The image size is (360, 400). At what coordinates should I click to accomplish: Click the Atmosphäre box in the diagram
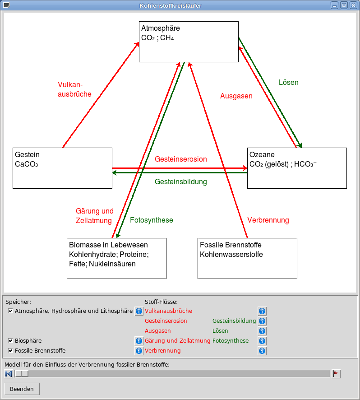point(189,42)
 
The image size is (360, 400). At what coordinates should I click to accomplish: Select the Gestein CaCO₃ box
point(62,168)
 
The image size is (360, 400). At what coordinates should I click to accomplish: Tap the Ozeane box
point(297,168)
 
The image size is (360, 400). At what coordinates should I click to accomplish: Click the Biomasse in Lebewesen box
point(116,258)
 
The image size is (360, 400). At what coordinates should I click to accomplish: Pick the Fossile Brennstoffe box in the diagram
point(247,258)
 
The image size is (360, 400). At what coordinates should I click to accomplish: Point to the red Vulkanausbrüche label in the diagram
point(74,89)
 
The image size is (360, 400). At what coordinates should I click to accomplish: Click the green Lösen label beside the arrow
point(289,83)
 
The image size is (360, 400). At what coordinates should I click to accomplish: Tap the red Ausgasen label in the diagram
point(236,96)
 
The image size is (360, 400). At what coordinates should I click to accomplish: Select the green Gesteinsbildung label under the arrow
point(180,182)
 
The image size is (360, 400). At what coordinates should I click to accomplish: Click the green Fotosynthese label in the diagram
point(152,220)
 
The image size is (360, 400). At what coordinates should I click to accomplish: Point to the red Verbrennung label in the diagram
point(268,220)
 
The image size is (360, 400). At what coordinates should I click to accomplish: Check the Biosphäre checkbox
point(11,341)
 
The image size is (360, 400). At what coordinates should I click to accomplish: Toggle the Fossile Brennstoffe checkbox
point(11,351)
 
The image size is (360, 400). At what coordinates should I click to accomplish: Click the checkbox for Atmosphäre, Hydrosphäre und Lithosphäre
point(11,311)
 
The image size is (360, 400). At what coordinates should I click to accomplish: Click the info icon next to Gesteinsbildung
point(262,321)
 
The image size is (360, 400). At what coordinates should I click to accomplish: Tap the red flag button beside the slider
point(336,374)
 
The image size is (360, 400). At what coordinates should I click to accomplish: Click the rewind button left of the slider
point(9,374)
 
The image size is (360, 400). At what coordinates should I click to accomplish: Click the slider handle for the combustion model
point(21,374)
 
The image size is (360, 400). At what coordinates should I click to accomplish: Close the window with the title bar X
point(352,5)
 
